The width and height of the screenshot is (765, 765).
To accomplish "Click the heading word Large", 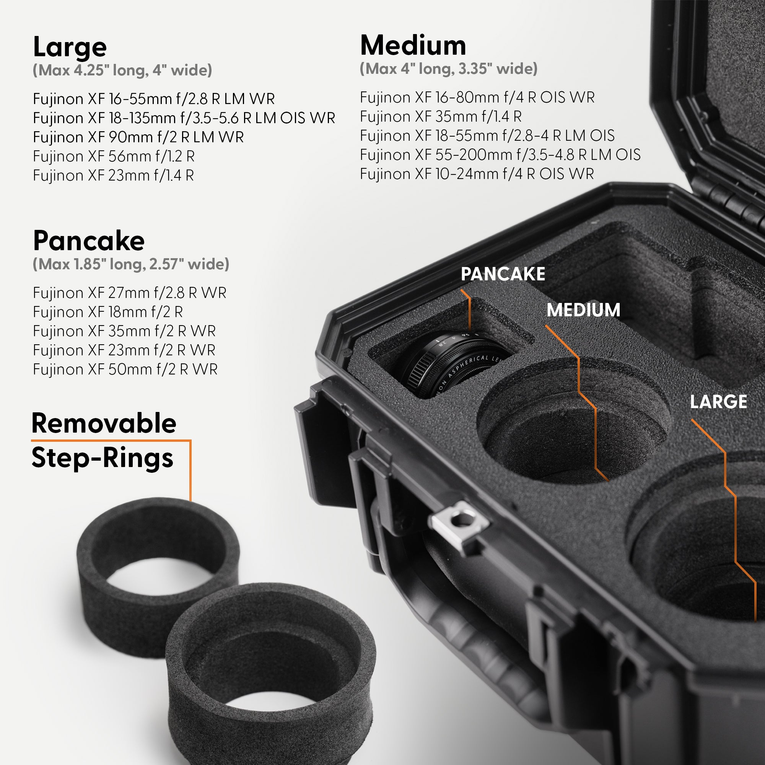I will tap(70, 47).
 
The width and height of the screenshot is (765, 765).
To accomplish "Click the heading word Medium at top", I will tap(413, 46).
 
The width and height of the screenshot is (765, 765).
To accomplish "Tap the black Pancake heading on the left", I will tap(89, 241).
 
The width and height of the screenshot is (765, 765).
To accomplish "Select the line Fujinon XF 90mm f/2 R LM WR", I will tap(138, 137).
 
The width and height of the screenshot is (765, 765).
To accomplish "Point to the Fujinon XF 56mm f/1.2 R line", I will tap(114, 156).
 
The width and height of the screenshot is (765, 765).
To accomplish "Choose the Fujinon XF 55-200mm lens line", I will tap(500, 155).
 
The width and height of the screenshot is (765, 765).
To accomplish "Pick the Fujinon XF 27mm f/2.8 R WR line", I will tap(130, 293).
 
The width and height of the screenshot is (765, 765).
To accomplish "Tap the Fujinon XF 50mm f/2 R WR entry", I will tap(125, 369).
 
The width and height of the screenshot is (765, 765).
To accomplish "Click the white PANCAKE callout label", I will tap(503, 274).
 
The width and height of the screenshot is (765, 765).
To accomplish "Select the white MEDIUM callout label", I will tap(583, 310).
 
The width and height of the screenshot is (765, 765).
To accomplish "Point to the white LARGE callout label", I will tap(718, 402).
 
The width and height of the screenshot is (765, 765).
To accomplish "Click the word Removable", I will tap(104, 423).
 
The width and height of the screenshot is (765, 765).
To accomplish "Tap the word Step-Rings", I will tap(102, 458).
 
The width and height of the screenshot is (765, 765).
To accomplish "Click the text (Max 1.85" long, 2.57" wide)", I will tap(131, 264).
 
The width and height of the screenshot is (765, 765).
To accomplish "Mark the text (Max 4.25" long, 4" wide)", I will tap(122, 70).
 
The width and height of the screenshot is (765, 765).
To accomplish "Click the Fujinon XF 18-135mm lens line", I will tap(184, 118).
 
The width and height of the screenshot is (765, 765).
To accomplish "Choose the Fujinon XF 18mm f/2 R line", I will tap(108, 312).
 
